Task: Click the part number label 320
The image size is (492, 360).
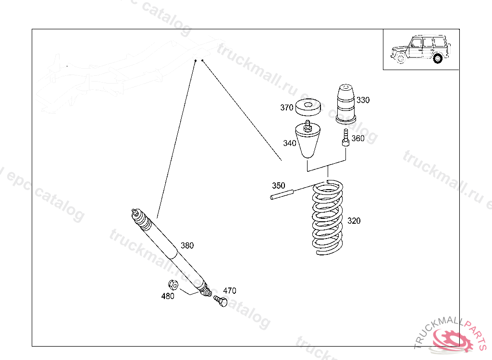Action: [354, 221]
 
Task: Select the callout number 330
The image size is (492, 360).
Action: [363, 100]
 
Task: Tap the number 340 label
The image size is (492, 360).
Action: [289, 143]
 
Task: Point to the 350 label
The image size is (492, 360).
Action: [278, 185]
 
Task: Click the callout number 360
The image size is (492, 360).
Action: [358, 139]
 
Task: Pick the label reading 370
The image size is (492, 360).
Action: [287, 108]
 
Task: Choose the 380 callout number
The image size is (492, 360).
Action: [187, 245]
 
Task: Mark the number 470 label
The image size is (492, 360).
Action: [230, 290]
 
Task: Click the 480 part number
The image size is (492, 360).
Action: [168, 296]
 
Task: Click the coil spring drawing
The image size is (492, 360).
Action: [329, 218]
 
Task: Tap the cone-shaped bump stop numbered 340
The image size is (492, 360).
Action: [308, 141]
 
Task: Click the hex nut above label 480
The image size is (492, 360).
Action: [174, 285]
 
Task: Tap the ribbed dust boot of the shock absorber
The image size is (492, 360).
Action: [144, 222]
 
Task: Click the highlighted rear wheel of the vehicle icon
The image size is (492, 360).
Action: [437, 59]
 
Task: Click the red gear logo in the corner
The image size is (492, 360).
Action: [451, 340]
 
